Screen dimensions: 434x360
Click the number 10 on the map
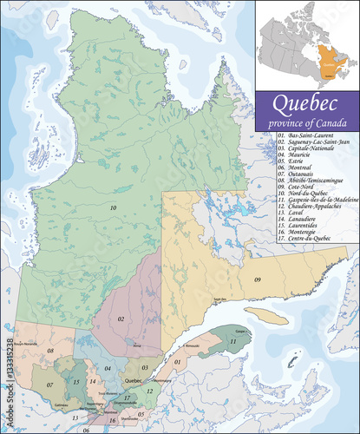click(113, 208)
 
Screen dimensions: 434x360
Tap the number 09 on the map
click(258, 279)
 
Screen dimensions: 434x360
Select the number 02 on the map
click(121, 320)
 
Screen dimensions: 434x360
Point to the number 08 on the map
click(50, 351)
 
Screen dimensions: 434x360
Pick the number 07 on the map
click(49, 385)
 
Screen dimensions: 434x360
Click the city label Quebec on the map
click(133, 379)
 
